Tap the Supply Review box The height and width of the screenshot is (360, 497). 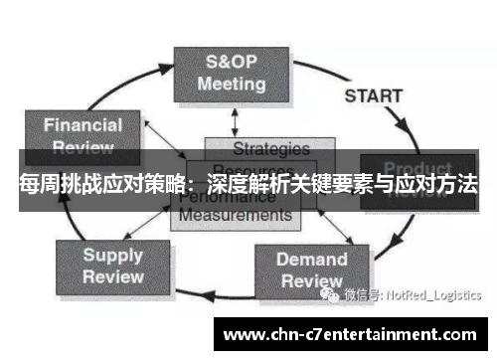[x=111, y=266]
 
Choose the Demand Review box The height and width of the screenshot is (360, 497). [x=311, y=270]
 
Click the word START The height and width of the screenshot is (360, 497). [x=373, y=97]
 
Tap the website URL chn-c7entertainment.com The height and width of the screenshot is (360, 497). [x=353, y=333]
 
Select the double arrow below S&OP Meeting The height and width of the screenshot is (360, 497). [x=235, y=120]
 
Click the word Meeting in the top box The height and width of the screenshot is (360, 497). [x=231, y=84]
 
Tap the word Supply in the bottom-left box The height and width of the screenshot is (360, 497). [x=112, y=255]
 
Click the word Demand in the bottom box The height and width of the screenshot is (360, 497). [x=311, y=260]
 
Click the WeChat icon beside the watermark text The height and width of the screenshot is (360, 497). [x=331, y=294]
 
